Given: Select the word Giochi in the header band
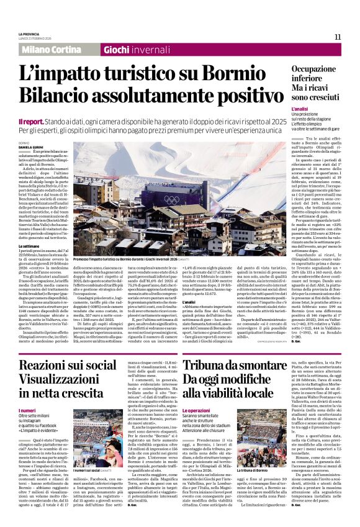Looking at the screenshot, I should tap(116, 50).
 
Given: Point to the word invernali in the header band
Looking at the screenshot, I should tap(151, 50).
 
